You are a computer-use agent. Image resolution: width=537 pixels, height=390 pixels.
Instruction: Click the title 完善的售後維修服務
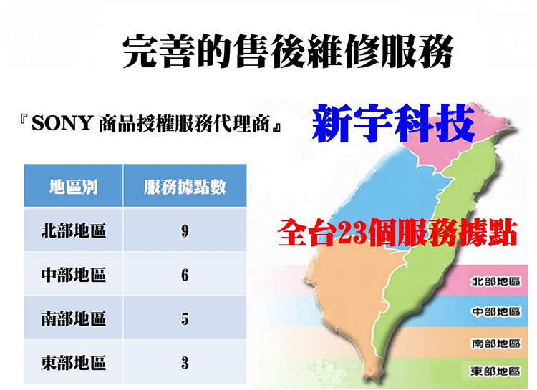[288, 51]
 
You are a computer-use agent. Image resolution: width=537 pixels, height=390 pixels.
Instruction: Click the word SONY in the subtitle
[62, 123]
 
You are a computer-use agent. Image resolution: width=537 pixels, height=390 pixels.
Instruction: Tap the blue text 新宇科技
[394, 123]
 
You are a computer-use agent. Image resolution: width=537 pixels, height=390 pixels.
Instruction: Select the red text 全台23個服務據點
[397, 233]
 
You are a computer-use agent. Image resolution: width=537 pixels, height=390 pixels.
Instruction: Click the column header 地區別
[73, 187]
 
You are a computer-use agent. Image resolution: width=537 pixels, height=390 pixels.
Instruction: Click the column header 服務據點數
[185, 187]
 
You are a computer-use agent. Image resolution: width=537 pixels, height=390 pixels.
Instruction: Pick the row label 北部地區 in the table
[73, 231]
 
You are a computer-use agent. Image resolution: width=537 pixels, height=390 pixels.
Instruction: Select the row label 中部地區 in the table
[73, 275]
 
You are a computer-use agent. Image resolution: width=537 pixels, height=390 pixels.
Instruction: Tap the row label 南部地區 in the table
[73, 318]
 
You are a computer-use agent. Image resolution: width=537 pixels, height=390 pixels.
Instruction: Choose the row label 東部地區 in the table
[73, 363]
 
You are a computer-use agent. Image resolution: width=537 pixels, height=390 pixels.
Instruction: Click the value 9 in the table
[185, 231]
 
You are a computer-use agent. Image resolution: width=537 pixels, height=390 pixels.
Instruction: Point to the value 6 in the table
[185, 275]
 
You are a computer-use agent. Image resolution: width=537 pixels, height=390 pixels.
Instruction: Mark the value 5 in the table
[185, 319]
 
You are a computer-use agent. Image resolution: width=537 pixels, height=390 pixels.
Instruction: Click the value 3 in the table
[185, 363]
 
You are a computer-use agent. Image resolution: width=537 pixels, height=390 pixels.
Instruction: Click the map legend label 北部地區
[496, 281]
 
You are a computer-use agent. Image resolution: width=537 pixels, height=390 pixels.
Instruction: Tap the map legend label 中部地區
[496, 311]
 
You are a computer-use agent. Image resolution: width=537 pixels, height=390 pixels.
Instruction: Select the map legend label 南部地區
[496, 343]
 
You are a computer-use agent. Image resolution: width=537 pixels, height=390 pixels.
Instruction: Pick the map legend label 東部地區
[496, 371]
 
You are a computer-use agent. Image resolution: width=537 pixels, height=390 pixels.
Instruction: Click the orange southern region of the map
[349, 291]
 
